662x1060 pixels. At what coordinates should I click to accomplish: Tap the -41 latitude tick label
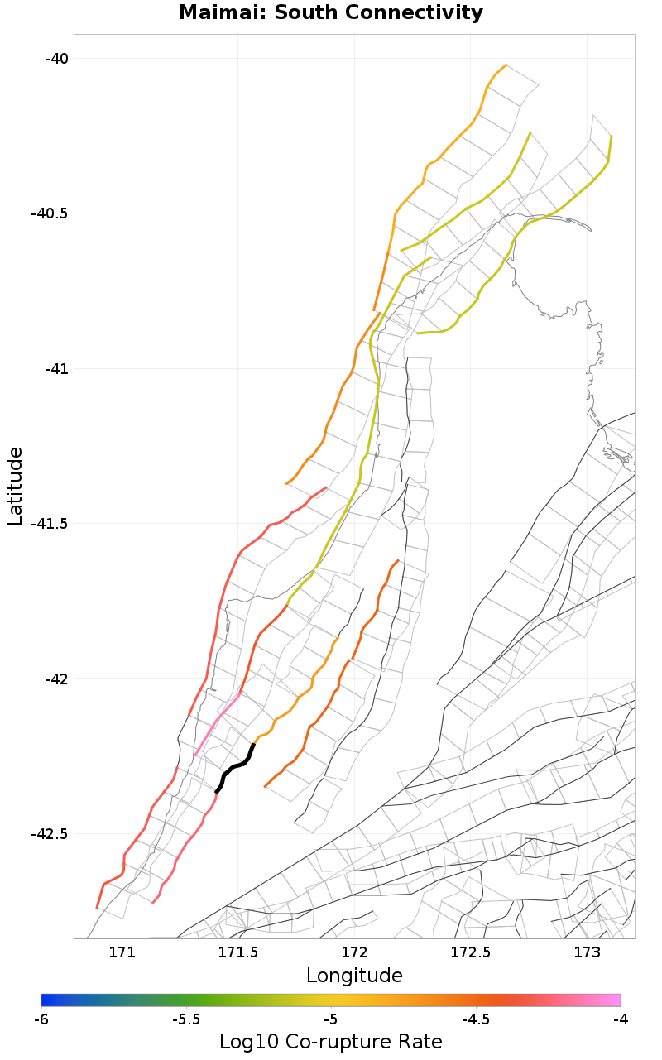tap(56, 368)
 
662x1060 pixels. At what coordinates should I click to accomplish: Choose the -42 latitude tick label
tap(56, 679)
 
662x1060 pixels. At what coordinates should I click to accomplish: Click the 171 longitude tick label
tap(122, 952)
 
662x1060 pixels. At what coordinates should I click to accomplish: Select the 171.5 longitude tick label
tap(238, 952)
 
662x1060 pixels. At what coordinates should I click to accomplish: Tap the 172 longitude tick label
tap(354, 952)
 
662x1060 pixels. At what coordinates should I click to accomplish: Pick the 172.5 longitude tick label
tap(471, 952)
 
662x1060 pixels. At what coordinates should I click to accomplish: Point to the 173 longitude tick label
tap(587, 952)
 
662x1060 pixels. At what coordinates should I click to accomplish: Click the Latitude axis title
tap(15, 487)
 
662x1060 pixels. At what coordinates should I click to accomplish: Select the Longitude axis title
tap(354, 976)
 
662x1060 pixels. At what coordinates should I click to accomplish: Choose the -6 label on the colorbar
tap(41, 1019)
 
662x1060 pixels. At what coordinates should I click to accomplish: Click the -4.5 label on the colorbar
tap(476, 1019)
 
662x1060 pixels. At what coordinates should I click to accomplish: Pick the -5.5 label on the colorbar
tap(186, 1019)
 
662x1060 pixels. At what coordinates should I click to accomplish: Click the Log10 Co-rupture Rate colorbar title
tap(331, 1042)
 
